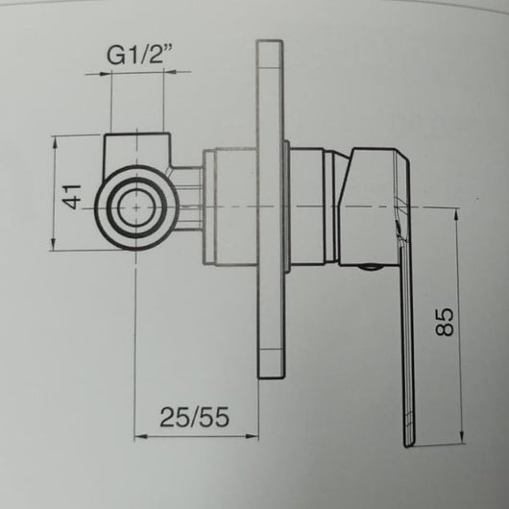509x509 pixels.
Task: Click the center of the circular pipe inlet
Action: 139,206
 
